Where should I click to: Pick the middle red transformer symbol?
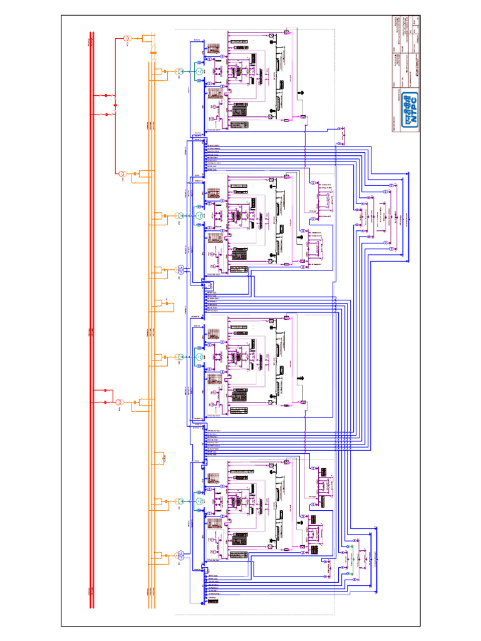pyautogui.click(x=123, y=175)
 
